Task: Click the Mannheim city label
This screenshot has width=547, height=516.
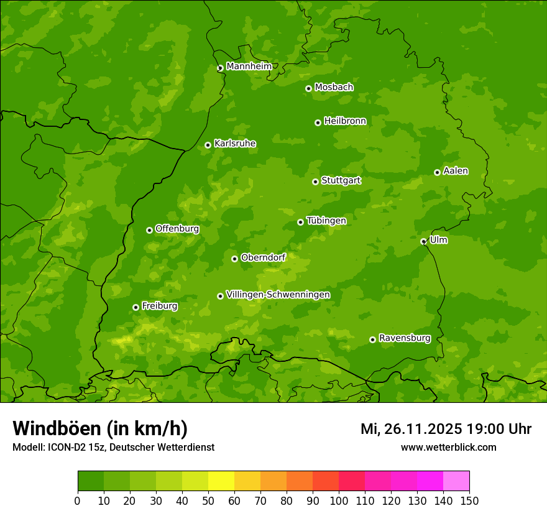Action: point(249,66)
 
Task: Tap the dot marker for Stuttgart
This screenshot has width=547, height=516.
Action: point(315,182)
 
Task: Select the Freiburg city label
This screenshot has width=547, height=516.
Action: point(160,306)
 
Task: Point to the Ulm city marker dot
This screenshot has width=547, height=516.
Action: point(423,241)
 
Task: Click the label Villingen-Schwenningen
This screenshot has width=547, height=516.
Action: point(278,295)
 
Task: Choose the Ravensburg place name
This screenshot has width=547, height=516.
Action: point(405,338)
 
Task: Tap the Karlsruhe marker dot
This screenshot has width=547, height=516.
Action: point(208,145)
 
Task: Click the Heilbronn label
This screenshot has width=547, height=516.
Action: point(345,121)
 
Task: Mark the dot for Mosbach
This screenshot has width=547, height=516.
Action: point(308,88)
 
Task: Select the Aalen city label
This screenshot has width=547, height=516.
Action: point(456,171)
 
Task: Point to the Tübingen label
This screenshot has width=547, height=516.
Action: point(326,221)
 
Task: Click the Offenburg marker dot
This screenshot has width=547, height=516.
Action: point(149,230)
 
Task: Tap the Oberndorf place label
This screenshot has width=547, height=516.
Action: point(263,257)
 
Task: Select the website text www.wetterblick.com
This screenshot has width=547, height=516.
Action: point(448,447)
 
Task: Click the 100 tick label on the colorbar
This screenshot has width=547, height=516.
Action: point(339,500)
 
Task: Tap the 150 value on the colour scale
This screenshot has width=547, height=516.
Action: point(469,500)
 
